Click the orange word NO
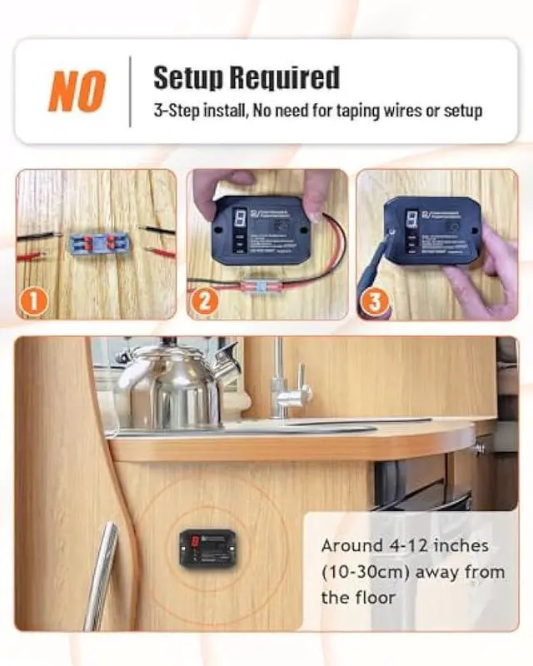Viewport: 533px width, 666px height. click(77, 91)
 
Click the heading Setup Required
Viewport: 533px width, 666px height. click(246, 77)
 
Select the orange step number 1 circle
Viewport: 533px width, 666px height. click(34, 301)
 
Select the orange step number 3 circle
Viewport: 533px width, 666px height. click(375, 301)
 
